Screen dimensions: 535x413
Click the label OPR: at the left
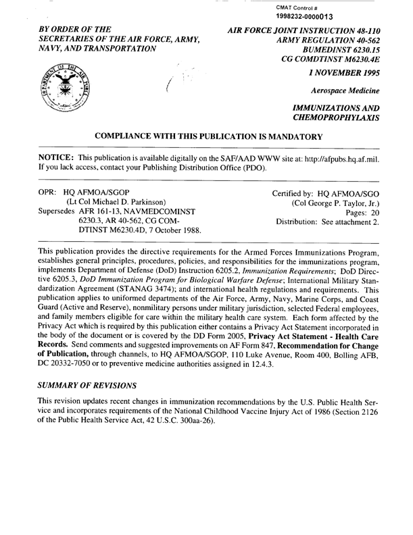tap(47, 193)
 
